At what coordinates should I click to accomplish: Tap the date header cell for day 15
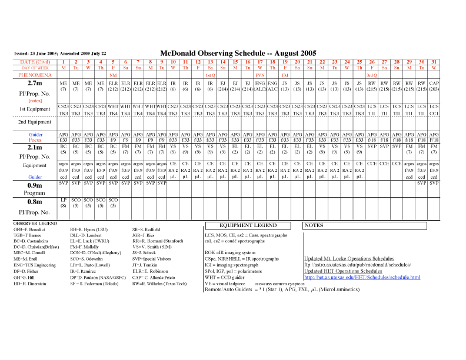[x=235, y=61]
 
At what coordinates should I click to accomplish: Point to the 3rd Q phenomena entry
[x=372, y=75]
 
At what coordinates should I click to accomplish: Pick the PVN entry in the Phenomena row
[x=260, y=75]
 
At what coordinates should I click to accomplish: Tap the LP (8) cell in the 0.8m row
[x=64, y=204]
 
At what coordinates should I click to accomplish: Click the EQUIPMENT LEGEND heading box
[x=248, y=225]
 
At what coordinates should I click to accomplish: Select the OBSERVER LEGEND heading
[x=35, y=224]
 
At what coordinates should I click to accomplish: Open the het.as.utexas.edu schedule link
[x=362, y=277]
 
